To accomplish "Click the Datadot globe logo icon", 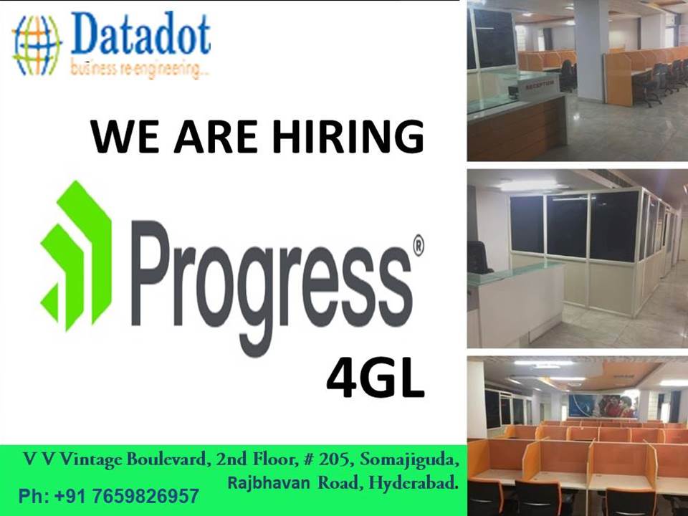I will coord(37,44).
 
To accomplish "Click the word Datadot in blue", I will coord(140,37).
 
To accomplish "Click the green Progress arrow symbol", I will coord(76,255).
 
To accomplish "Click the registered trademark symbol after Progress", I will coord(418,245).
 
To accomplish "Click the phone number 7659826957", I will coord(146,496).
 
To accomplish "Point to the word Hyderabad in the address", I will coord(413,484).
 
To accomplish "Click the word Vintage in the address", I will coord(89,459).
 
